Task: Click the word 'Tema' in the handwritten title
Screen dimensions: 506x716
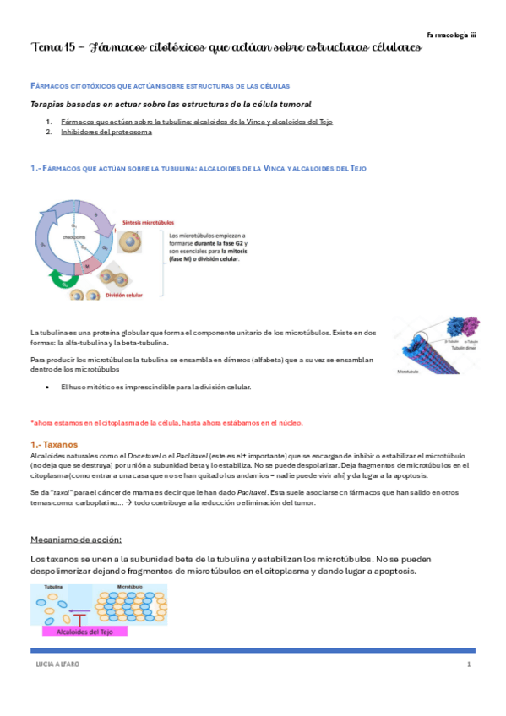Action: click(43, 47)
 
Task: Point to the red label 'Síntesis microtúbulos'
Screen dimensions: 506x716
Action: click(144, 216)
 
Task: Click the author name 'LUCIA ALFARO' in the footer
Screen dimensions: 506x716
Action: click(54, 666)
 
